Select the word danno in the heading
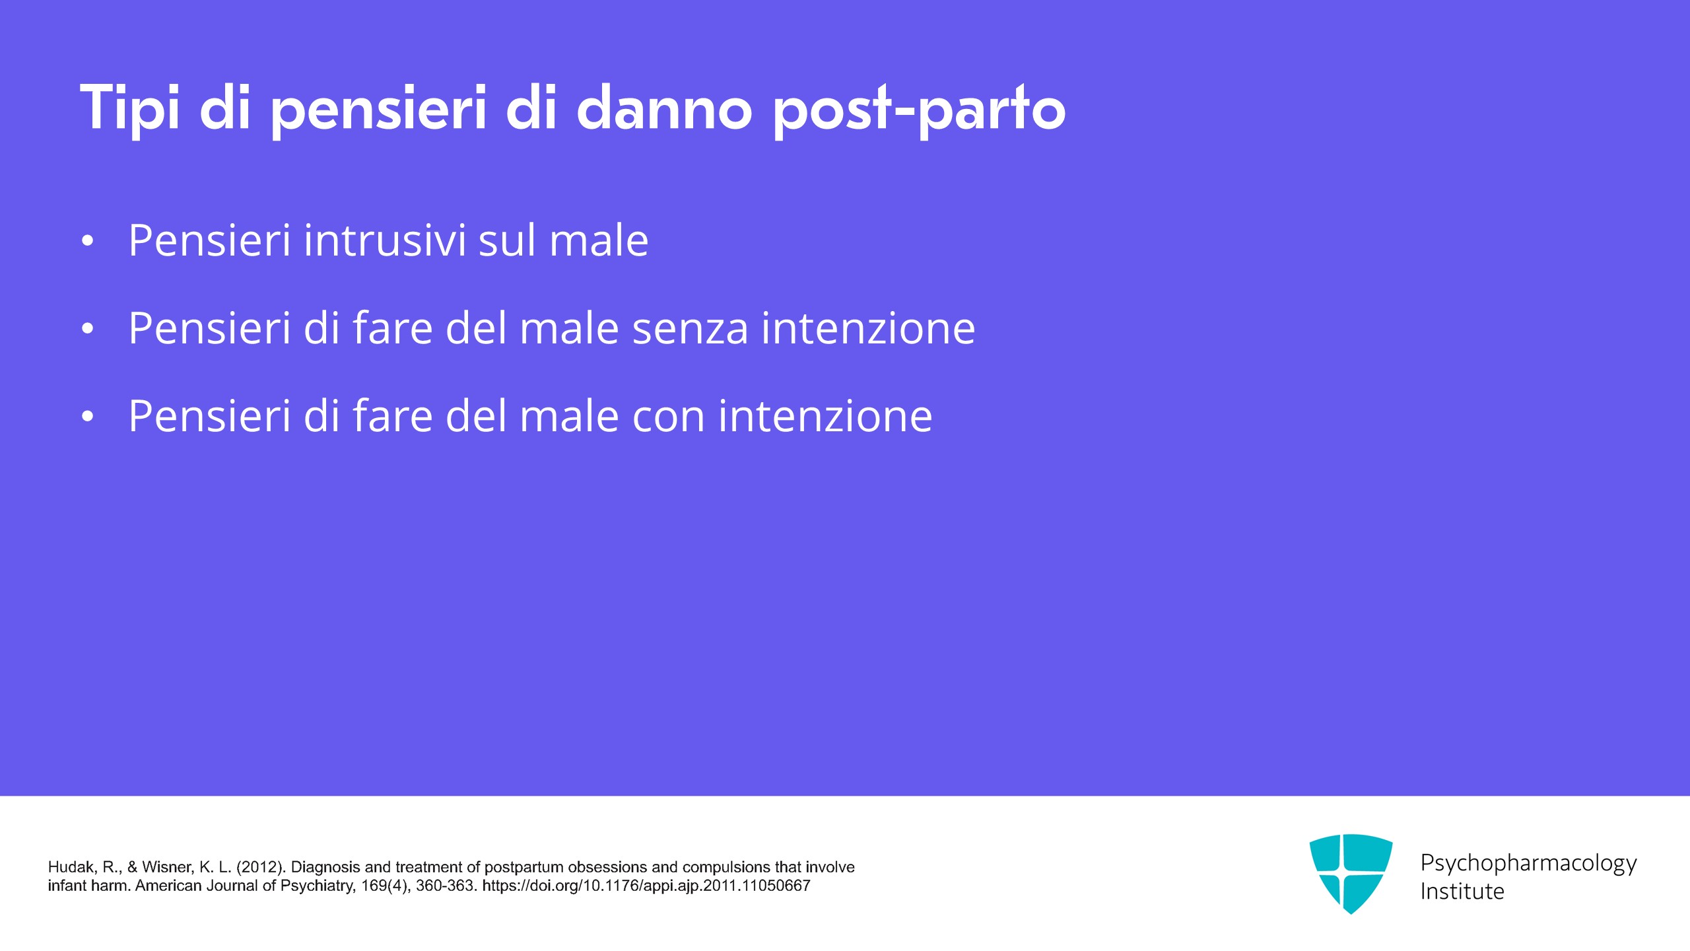click(664, 107)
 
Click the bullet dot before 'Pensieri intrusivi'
click(87, 241)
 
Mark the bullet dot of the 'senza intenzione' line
click(87, 329)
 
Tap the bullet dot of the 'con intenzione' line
click(87, 417)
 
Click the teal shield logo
click(1351, 874)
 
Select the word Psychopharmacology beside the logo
click(1528, 863)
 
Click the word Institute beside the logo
click(1462, 892)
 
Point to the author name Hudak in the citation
click(73, 867)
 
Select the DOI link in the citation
click(646, 886)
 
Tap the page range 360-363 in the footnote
click(446, 886)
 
